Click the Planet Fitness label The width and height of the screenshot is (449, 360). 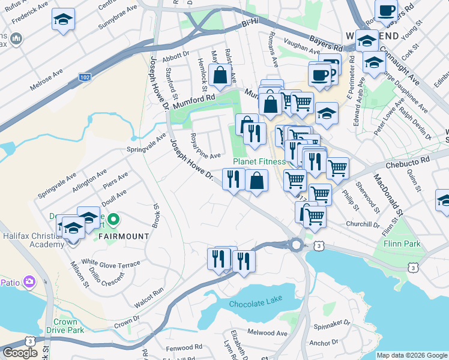[x=259, y=161]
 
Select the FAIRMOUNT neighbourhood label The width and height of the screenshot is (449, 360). [x=123, y=236]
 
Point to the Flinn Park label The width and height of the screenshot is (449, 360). [x=403, y=244]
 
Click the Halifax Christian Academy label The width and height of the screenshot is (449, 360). [x=32, y=240]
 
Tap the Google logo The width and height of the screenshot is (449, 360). [x=20, y=353]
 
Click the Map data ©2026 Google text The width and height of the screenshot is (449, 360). [x=412, y=355]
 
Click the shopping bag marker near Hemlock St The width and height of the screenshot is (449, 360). [x=221, y=75]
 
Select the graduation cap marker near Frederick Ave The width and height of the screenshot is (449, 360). [x=63, y=20]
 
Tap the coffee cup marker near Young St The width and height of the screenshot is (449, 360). [x=386, y=10]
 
